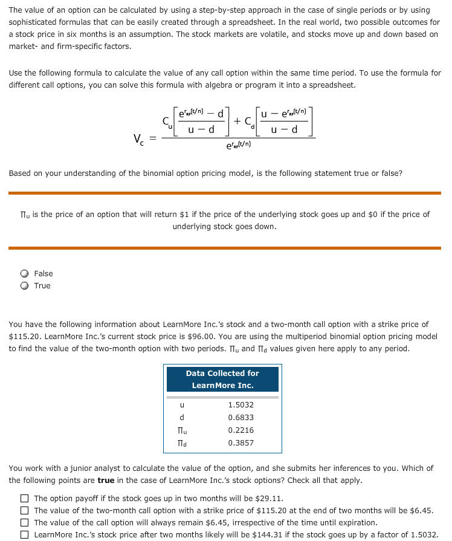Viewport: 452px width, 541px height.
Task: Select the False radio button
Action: tap(25, 274)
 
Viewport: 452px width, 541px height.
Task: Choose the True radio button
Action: tap(25, 286)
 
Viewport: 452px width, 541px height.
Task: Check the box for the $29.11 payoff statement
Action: tap(24, 499)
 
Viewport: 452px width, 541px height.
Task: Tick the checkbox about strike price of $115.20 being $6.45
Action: tap(24, 511)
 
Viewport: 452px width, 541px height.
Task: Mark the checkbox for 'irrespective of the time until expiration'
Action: tap(24, 523)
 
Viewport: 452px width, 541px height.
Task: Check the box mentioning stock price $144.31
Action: tap(24, 535)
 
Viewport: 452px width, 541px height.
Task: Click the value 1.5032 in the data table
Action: tap(241, 405)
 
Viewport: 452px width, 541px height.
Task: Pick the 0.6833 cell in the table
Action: tap(241, 418)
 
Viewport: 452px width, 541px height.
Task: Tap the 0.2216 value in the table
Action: tap(241, 430)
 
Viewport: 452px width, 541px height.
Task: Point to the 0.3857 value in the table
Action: tap(241, 443)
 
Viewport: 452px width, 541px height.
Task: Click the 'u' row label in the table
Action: tap(182, 405)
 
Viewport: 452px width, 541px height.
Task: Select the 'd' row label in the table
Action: tap(182, 418)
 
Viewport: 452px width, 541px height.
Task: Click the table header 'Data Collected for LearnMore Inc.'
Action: tap(222, 380)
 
